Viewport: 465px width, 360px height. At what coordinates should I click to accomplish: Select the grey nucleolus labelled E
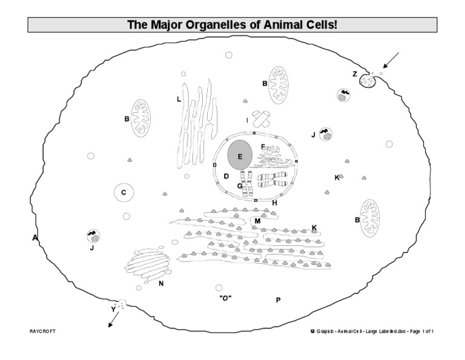(240, 156)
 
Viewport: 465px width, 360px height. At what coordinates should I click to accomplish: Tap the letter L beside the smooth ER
(179, 99)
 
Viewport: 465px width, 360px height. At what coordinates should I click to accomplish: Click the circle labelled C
(124, 193)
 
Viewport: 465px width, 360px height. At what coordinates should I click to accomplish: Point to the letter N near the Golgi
(161, 283)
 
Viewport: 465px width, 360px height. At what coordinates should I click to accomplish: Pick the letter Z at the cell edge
(355, 74)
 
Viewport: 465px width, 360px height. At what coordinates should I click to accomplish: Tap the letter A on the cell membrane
(35, 238)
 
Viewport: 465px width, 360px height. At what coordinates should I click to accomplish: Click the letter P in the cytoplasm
(278, 300)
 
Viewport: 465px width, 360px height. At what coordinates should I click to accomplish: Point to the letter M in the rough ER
(257, 221)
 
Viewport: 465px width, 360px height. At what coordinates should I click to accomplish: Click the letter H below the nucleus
(274, 202)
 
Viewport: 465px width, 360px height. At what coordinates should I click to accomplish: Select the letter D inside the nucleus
(226, 176)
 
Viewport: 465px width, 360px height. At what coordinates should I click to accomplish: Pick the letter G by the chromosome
(240, 186)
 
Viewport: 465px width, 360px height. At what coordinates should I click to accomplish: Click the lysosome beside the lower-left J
(93, 235)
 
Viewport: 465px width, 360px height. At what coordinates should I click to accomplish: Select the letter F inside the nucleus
(263, 147)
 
